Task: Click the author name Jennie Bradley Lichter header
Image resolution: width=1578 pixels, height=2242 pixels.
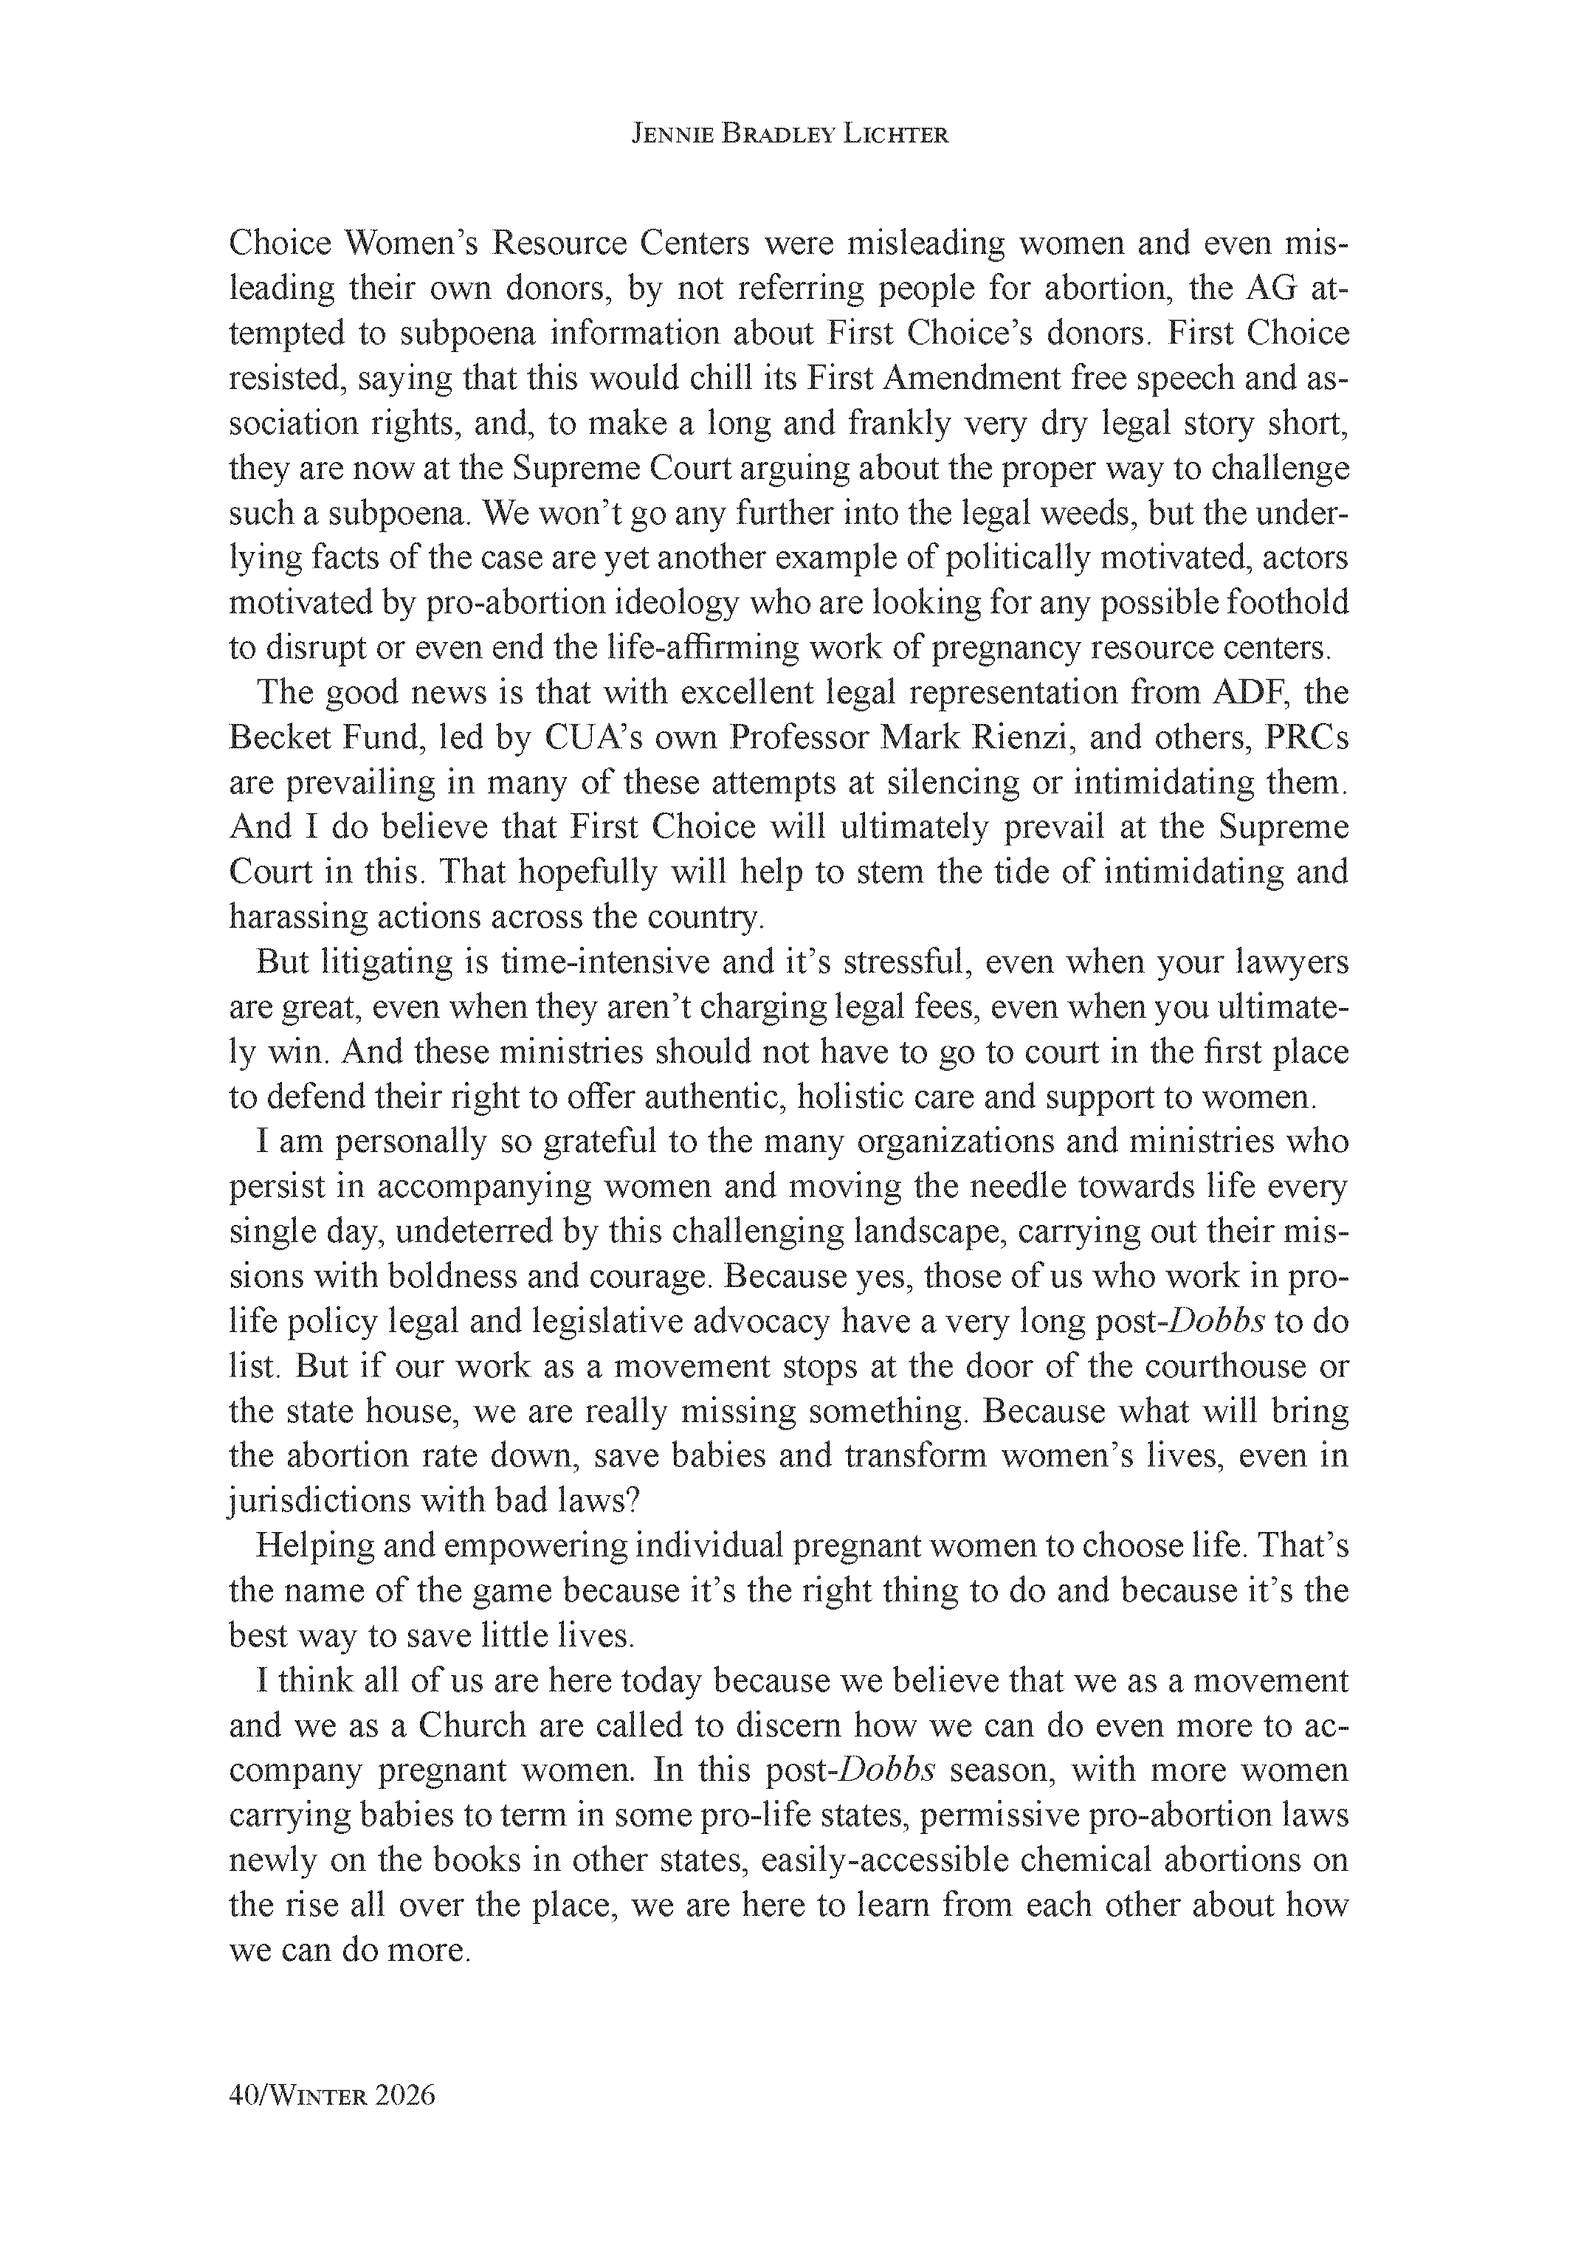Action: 789,135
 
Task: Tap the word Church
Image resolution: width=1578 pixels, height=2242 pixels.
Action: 472,1726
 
